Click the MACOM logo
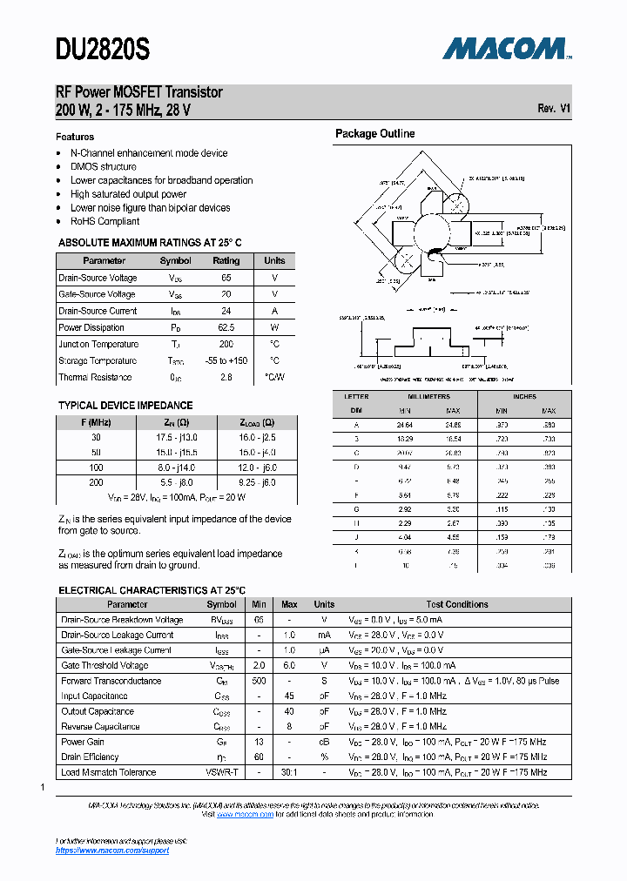pos(506,49)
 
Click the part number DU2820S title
pos(103,50)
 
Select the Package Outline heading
pos(375,133)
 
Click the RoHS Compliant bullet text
pos(104,221)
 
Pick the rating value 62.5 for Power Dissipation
pos(226,327)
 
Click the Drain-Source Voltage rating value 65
pos(226,278)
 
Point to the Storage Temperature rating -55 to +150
pos(226,360)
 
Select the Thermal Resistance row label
pos(95,377)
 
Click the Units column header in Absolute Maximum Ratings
pos(274,260)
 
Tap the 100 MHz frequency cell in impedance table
pos(95,467)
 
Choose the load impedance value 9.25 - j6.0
pos(257,481)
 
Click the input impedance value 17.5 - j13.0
pos(176,437)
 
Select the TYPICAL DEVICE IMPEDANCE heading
pos(125,405)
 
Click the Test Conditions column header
pos(457,604)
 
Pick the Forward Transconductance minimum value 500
pos(259,681)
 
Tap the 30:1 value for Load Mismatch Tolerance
pos(290,772)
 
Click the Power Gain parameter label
pos(83,742)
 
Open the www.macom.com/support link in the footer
pos(111,851)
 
